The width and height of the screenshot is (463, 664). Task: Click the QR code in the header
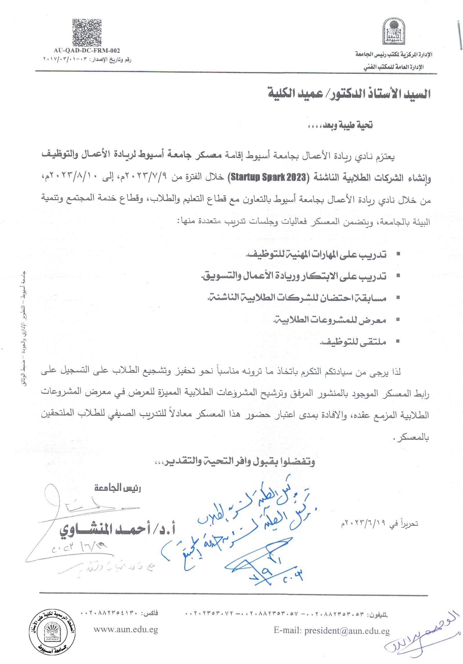[87, 33]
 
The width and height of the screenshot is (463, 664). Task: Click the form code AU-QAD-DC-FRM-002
[87, 51]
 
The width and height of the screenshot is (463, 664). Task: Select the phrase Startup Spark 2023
[268, 177]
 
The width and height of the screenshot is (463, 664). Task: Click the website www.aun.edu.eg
[126, 630]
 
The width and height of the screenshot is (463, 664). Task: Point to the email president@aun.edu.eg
[332, 630]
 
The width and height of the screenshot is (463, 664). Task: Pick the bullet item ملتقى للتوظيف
[353, 342]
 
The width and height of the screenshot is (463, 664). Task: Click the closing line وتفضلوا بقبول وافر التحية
[235, 461]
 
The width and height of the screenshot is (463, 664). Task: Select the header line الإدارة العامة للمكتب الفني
[393, 67]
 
